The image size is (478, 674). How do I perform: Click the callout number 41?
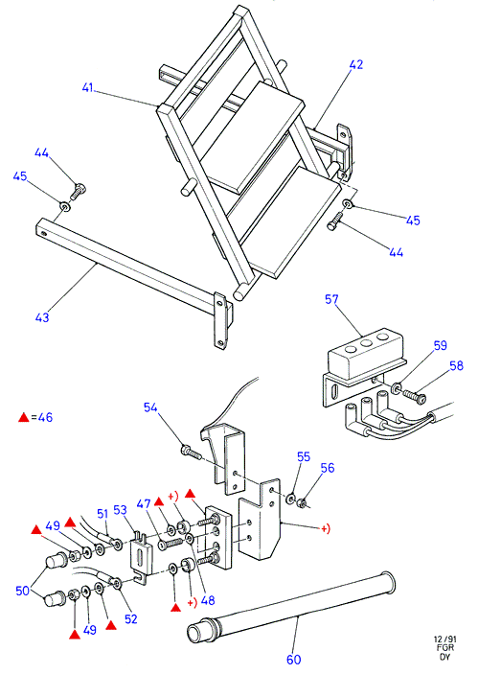(87, 87)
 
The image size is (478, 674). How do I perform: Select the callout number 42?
(356, 64)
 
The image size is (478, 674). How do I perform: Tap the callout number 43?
(42, 317)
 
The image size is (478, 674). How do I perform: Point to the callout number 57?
(331, 299)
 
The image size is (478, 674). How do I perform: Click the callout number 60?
(294, 659)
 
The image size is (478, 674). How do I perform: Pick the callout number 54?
(150, 407)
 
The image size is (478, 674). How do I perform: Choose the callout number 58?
(457, 365)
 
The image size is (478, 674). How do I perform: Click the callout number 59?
(441, 345)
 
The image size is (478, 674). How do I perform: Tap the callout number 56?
(328, 468)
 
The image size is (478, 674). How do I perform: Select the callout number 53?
(121, 510)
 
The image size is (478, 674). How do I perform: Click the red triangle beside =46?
(24, 417)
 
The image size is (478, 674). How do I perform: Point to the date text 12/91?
(444, 639)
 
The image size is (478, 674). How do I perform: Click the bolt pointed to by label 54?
(192, 452)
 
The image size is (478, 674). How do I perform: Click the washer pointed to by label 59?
(396, 388)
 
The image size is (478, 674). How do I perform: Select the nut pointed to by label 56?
(302, 502)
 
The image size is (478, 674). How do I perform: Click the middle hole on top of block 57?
(366, 343)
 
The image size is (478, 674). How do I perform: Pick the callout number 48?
(208, 600)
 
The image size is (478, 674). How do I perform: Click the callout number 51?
(102, 514)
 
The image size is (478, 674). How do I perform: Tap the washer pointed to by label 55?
(291, 499)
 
